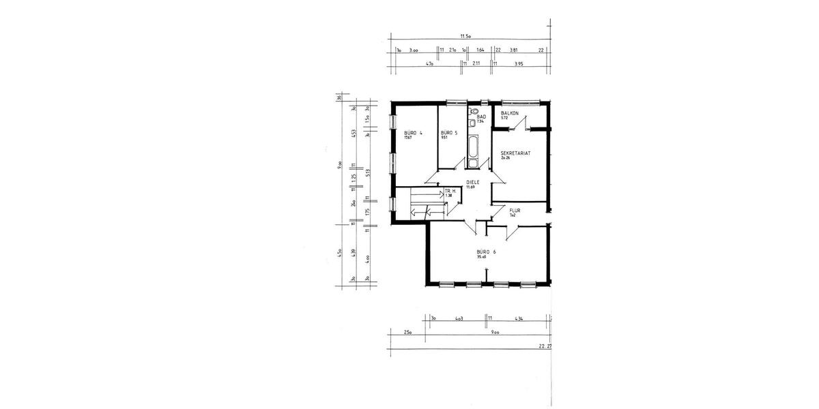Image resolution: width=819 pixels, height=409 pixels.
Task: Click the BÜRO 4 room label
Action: point(414,133)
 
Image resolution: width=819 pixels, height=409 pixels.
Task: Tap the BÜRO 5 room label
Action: point(448,133)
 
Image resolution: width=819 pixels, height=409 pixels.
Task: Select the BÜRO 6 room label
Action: point(486,252)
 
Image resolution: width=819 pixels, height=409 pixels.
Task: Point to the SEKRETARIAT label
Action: point(515,153)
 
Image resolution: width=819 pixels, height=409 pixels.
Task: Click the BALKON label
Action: point(510,113)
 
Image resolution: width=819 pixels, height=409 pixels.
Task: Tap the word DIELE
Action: point(472,182)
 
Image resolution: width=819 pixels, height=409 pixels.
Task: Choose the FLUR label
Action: point(515,211)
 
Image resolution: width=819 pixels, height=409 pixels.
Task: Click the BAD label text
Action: point(481,117)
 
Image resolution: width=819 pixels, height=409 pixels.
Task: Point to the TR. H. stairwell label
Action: point(450,191)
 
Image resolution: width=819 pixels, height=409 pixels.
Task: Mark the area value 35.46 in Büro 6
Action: point(482,257)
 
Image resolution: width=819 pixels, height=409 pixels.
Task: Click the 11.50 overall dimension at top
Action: point(466,36)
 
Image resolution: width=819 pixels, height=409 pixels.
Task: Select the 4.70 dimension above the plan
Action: point(430,63)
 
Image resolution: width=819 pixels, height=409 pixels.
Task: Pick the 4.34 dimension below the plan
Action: point(519,318)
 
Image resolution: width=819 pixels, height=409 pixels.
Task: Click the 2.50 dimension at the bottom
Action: point(407,332)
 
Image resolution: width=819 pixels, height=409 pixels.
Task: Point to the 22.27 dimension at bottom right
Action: point(545,346)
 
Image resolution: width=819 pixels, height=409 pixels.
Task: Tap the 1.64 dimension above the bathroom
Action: point(480,50)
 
